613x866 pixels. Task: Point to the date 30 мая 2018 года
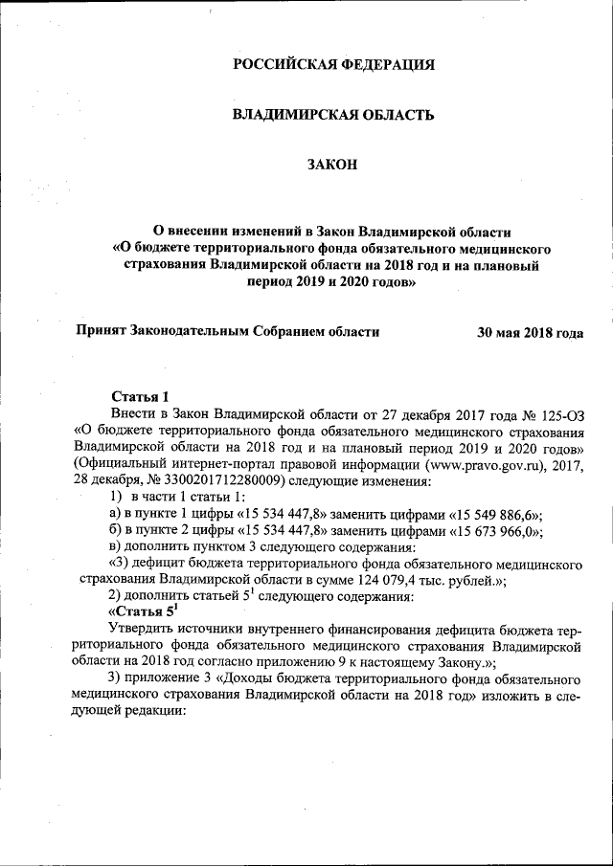tap(530, 333)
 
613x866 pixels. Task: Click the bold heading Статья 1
tap(140, 397)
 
